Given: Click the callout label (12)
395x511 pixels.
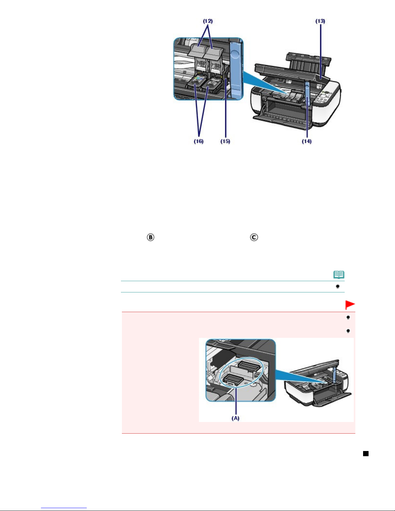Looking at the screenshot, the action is [x=208, y=21].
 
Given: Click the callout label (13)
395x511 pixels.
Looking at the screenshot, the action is [x=320, y=21].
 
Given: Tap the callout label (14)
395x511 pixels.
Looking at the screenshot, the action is [x=307, y=141].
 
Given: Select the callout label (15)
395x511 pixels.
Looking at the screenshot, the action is [x=225, y=141].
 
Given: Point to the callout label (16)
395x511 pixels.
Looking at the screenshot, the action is [x=199, y=141].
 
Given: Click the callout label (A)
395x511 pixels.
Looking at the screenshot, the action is [x=235, y=418].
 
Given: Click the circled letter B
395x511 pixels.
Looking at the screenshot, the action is [x=151, y=237].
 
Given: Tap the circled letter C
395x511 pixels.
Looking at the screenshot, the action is [x=254, y=237].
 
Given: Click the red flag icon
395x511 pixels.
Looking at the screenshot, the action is [x=350, y=305].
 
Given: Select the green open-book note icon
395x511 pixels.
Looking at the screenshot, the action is [x=339, y=274].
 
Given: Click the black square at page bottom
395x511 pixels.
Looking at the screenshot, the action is [x=366, y=454].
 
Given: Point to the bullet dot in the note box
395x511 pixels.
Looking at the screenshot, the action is [x=338, y=286].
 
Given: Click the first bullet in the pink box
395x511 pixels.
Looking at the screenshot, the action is [x=348, y=317].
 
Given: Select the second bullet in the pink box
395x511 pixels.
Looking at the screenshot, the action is [x=348, y=331].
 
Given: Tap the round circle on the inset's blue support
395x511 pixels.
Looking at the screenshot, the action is [x=235, y=55].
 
